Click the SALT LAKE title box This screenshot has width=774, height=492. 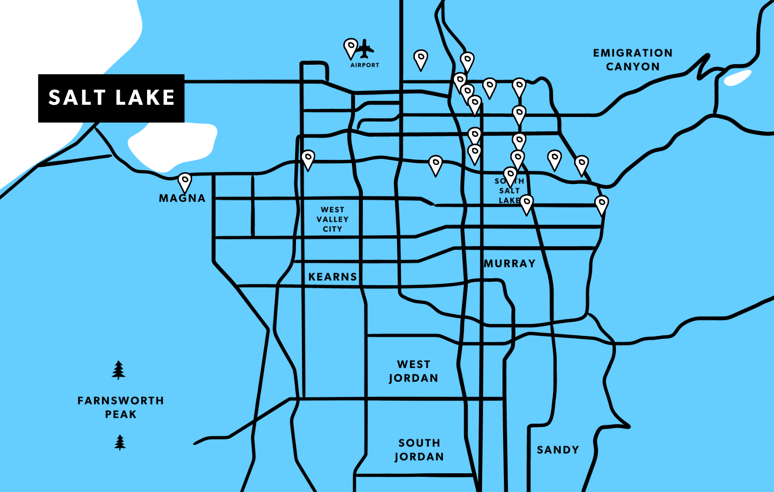[x=111, y=98]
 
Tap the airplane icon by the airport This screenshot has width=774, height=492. [x=365, y=49]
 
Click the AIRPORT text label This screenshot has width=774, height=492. [x=365, y=65]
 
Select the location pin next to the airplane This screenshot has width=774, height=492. [x=351, y=47]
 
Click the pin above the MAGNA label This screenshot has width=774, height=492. [x=184, y=182]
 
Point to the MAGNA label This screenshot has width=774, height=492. [x=182, y=198]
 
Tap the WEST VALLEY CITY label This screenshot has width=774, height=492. [x=332, y=219]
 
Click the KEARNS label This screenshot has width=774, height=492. [x=333, y=277]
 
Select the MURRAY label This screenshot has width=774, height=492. [x=509, y=264]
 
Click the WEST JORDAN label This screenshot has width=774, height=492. [x=413, y=371]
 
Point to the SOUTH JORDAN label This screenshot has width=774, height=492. [x=419, y=450]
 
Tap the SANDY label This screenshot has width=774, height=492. [x=558, y=450]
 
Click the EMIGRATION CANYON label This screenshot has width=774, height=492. [x=632, y=60]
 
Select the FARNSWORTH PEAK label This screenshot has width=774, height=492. [x=121, y=407]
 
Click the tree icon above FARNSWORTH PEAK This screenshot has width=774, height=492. [x=119, y=370]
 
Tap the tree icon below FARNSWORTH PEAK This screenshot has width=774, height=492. [x=120, y=442]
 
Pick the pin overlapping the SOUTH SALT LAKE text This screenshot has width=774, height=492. [x=510, y=176]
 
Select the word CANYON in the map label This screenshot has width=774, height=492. [x=632, y=67]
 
